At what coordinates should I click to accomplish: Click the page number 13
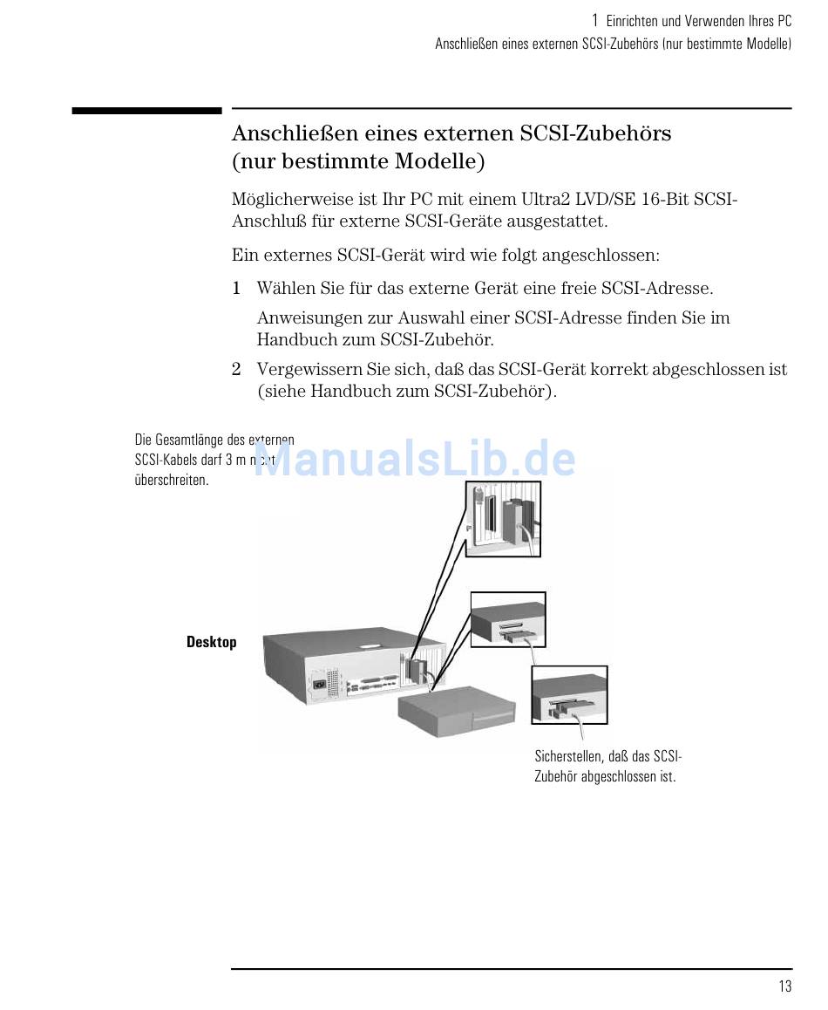tap(785, 986)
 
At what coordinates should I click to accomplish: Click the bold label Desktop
tap(211, 642)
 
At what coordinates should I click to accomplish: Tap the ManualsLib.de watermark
tap(415, 459)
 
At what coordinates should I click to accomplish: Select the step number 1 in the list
tap(236, 289)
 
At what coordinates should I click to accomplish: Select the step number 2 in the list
tap(236, 370)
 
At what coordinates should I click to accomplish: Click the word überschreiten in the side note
tap(172, 481)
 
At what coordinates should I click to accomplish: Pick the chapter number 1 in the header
tap(594, 20)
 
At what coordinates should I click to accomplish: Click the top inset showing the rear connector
tap(502, 518)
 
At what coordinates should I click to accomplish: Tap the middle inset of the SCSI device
tap(508, 619)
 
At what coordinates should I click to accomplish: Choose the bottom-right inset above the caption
tap(569, 694)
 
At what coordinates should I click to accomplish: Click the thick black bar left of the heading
tap(146, 111)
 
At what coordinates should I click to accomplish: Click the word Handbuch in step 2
tap(349, 392)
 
